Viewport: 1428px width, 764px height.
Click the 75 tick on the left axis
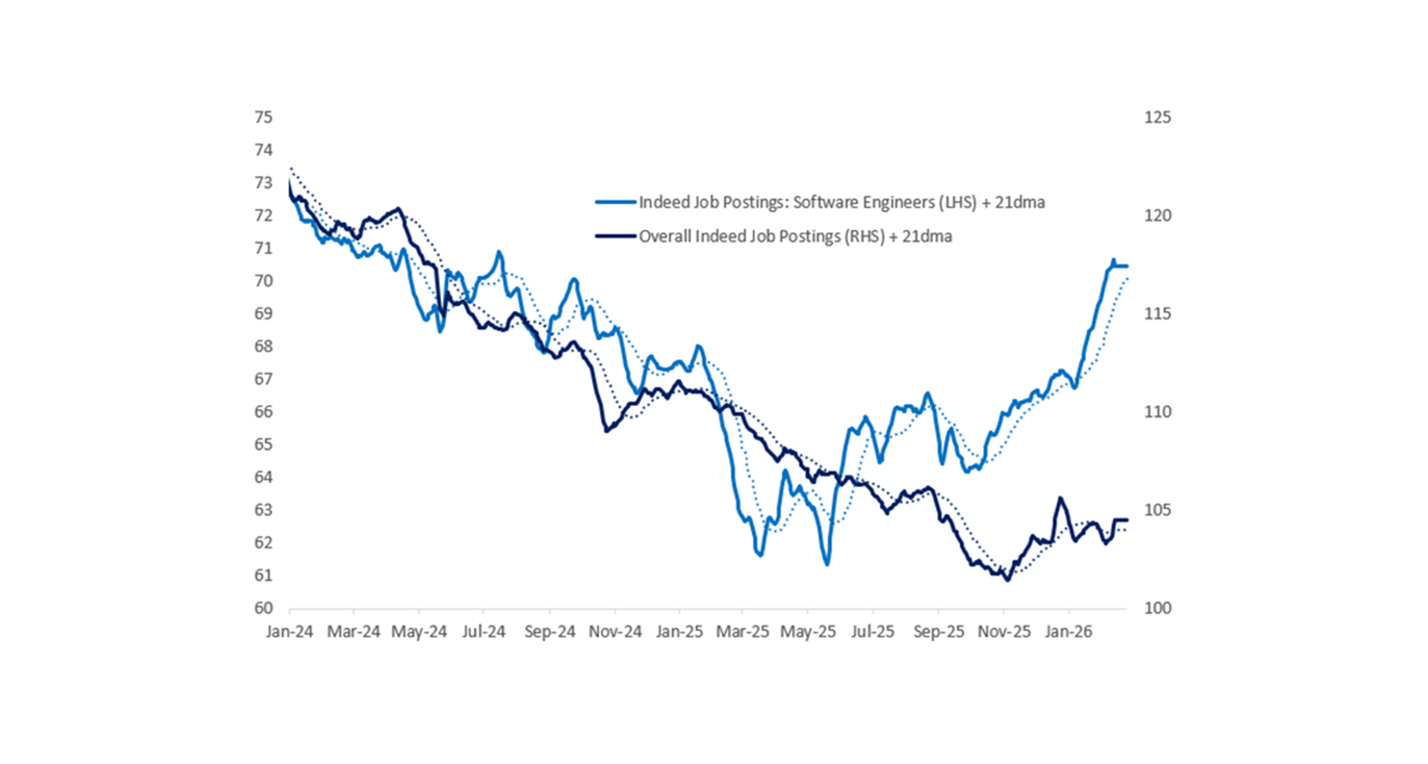tap(263, 117)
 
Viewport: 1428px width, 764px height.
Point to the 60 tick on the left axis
tap(263, 608)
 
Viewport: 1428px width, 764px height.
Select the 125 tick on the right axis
tap(1157, 117)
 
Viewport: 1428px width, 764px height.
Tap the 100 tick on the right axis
tap(1157, 608)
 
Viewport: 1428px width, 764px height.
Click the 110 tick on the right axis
tap(1157, 412)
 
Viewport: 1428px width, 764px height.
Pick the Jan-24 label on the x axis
tap(289, 632)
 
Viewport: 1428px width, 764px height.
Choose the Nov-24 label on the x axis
tap(615, 632)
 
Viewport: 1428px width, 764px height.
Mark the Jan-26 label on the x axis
tap(1069, 632)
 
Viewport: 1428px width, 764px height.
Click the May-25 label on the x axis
tap(807, 632)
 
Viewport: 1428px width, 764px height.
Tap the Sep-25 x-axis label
tap(938, 632)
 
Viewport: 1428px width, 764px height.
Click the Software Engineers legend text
tap(841, 202)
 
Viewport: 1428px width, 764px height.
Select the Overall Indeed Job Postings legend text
tap(795, 237)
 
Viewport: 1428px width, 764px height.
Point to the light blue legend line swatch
tap(616, 202)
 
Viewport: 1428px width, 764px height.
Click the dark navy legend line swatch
tap(616, 237)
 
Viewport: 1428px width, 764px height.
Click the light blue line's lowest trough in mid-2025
tap(827, 564)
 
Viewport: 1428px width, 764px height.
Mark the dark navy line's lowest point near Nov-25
tap(1007, 580)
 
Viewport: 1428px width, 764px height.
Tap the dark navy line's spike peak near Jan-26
tap(1061, 498)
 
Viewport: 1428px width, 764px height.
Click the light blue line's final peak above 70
tap(1113, 260)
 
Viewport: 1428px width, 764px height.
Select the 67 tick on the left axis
tap(263, 379)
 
